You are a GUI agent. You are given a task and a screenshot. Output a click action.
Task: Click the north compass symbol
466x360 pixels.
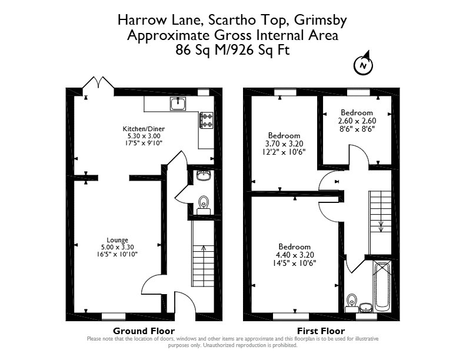[363, 65]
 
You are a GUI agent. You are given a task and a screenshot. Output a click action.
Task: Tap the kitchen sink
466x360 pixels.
[178, 104]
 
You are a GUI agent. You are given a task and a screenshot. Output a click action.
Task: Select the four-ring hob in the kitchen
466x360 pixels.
[207, 120]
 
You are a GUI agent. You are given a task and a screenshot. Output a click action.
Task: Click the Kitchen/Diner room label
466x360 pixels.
[144, 129]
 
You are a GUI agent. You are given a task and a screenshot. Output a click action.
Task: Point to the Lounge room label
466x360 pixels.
[118, 240]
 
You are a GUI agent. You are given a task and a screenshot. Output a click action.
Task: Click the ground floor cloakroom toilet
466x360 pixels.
[204, 205]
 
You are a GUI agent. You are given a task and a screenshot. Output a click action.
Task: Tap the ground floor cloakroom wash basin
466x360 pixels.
[204, 175]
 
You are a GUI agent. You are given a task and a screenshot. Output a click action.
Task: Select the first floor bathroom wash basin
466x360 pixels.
[366, 308]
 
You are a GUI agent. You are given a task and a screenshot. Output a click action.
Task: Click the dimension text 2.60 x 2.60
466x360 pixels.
[357, 121]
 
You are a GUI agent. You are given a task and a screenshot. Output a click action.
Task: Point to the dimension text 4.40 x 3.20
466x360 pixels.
[295, 255]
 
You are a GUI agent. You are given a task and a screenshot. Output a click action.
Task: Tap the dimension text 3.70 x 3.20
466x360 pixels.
[284, 144]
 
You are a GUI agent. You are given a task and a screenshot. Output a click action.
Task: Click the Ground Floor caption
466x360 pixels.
[144, 331]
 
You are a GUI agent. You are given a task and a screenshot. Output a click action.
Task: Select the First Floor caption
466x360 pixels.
[321, 331]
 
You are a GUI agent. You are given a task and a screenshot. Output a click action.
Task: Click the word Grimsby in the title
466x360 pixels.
[320, 20]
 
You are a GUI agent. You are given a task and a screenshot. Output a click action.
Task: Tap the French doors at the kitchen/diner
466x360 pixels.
[98, 83]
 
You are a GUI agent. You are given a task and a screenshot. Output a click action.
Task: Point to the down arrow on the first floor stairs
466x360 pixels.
[381, 226]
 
